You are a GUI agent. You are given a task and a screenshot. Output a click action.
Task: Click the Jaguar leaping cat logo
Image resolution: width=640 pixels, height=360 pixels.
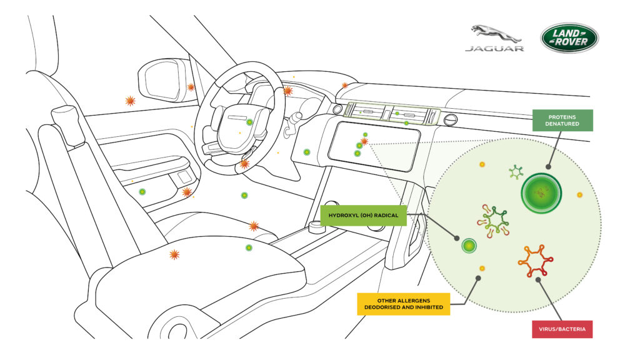pyautogui.click(x=494, y=33)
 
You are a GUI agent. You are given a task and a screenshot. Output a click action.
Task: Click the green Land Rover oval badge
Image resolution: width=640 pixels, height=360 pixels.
pyautogui.click(x=569, y=38)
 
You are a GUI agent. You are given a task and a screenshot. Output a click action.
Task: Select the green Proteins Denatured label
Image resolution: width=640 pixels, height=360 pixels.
pyautogui.click(x=562, y=120)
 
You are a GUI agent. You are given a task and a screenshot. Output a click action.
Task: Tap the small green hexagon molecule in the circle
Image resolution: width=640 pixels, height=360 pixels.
pyautogui.click(x=516, y=171)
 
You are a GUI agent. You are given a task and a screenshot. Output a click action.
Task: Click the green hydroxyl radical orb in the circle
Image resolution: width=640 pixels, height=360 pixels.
pyautogui.click(x=469, y=246)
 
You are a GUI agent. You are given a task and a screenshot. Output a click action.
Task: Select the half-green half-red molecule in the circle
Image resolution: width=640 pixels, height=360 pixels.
pyautogui.click(x=492, y=221)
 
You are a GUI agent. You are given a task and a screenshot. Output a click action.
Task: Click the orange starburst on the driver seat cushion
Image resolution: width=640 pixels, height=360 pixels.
pyautogui.click(x=174, y=254)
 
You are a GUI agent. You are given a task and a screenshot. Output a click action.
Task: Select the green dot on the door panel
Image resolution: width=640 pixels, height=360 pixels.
pyautogui.click(x=142, y=192)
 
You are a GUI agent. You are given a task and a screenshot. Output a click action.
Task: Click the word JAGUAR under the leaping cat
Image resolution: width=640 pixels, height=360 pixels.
pyautogui.click(x=494, y=48)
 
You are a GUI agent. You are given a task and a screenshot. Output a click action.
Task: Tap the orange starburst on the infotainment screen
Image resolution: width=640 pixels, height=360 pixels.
pyautogui.click(x=364, y=142)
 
